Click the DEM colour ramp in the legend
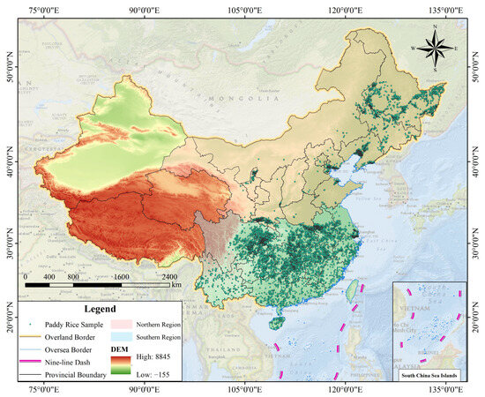[x=119, y=363]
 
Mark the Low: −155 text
[x=153, y=372]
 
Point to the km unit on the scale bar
[x=176, y=285]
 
